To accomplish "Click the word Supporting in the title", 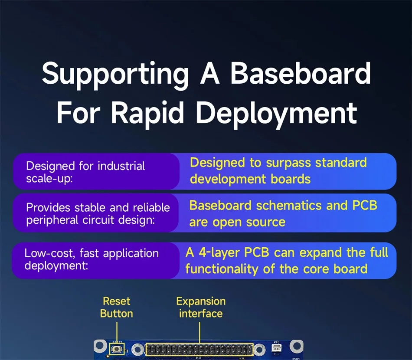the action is tap(115, 75).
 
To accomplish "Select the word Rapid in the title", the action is tap(147, 114).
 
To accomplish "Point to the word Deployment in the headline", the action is tap(276, 114).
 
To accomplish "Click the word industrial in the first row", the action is tap(121, 166).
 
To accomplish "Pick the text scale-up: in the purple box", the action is tap(49, 178).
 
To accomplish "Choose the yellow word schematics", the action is tap(289, 205).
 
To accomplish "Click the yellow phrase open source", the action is tap(249, 223).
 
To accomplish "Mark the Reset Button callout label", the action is tap(116, 307).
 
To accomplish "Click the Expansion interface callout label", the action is tap(201, 307).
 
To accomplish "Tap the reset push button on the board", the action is tap(117, 349).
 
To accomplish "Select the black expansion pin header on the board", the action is tap(199, 350).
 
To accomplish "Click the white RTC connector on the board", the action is tap(276, 348).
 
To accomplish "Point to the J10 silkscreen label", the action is tap(198, 358).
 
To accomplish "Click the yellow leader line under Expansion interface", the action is tap(199, 333).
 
